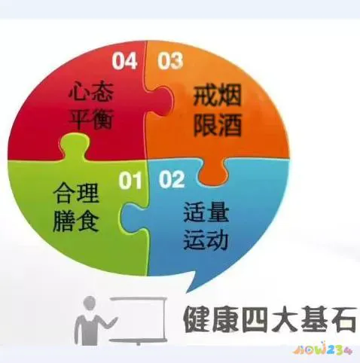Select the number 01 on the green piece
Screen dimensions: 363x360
pyautogui.click(x=132, y=180)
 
